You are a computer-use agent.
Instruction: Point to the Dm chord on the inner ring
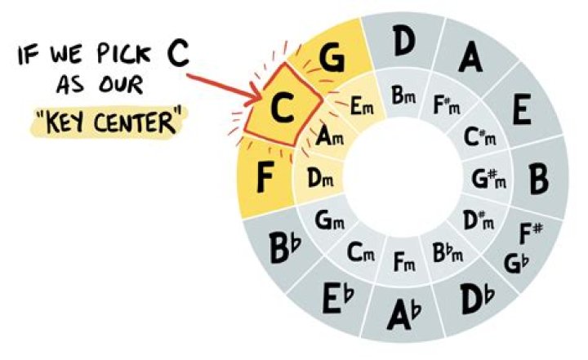319,177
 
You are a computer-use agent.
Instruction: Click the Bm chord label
404,96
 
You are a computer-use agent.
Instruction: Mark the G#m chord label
490,177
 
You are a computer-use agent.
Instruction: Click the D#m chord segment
479,220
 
